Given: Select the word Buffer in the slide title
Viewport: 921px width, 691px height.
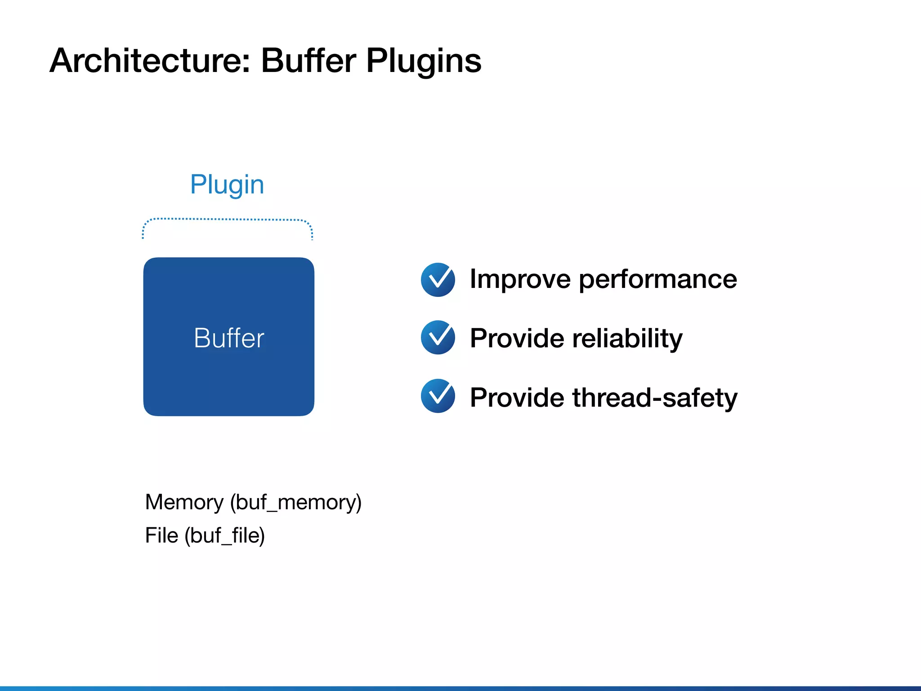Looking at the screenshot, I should click(x=308, y=61).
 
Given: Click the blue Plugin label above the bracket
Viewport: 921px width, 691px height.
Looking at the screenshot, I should click(x=227, y=185).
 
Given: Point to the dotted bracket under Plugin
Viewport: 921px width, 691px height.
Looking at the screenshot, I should click(x=228, y=220).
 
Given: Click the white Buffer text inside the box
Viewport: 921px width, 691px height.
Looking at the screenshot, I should click(x=229, y=338).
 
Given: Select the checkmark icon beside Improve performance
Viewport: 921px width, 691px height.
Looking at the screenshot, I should click(x=438, y=280).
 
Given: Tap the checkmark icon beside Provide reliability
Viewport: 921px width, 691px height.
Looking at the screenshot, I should click(x=438, y=337).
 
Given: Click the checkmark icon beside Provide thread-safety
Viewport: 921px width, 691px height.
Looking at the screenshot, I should click(x=438, y=396).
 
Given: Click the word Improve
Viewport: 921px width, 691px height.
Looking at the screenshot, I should click(x=520, y=279).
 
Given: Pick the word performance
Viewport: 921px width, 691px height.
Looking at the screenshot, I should click(x=658, y=279).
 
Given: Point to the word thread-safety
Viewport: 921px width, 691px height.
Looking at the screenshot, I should click(x=655, y=398).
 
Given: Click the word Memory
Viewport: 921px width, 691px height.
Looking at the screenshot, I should click(x=184, y=502).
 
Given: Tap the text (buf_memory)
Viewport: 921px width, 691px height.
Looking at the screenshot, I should click(x=296, y=503).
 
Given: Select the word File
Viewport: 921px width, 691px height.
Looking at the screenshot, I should click(x=161, y=535).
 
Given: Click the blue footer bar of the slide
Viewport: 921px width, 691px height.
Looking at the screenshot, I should click(x=460, y=688).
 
